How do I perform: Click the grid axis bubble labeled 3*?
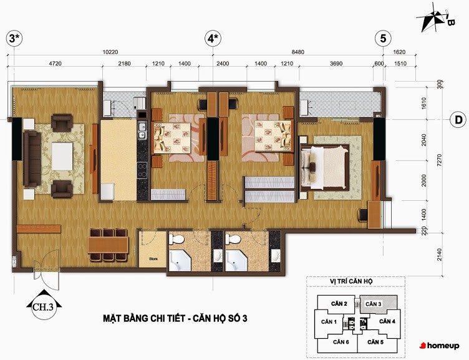coord(14,39)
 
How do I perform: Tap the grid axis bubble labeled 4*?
coord(213,39)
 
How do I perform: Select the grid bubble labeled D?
coord(458,120)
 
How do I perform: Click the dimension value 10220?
coord(110,52)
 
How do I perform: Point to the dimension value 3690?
coord(336,64)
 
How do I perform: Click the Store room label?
coord(153,259)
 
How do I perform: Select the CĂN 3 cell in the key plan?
coord(379,304)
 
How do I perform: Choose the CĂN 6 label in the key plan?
coord(341,342)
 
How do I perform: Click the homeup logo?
coord(439,346)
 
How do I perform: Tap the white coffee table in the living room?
coord(62,156)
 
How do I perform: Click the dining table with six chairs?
coord(109,245)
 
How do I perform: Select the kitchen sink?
coord(142,130)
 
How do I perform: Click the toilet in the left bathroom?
coord(176,239)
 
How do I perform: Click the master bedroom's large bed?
coord(325,168)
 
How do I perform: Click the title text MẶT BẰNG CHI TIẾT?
coord(144,318)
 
